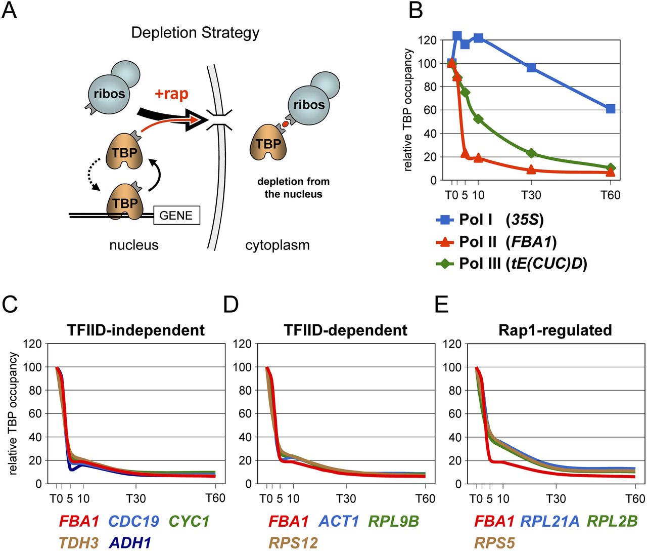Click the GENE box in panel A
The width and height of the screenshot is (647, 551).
click(x=176, y=216)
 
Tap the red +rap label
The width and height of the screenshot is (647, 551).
click(x=171, y=94)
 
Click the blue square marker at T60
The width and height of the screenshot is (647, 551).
click(x=610, y=109)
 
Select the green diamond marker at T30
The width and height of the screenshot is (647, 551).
click(x=531, y=153)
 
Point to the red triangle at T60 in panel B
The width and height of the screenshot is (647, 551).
click(x=610, y=172)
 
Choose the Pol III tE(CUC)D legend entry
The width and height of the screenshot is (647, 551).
click(x=512, y=264)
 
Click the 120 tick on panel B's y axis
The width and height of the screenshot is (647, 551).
click(x=428, y=40)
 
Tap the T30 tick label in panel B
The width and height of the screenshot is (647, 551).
click(x=531, y=195)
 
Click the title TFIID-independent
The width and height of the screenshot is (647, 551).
click(x=136, y=330)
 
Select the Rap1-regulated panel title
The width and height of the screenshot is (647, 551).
click(x=555, y=330)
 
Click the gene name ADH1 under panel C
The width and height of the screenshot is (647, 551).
click(x=130, y=543)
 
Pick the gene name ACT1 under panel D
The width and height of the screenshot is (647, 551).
click(x=339, y=521)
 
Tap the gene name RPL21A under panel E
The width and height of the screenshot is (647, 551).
click(x=549, y=521)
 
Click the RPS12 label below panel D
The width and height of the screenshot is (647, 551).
click(x=293, y=543)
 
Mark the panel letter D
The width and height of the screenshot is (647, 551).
click(x=230, y=306)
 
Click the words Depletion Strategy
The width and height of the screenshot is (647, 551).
click(x=195, y=33)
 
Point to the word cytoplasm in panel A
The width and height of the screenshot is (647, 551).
click(x=277, y=245)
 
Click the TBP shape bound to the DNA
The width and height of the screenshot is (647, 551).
click(x=125, y=202)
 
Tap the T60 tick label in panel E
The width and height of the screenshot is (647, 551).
click(x=635, y=499)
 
